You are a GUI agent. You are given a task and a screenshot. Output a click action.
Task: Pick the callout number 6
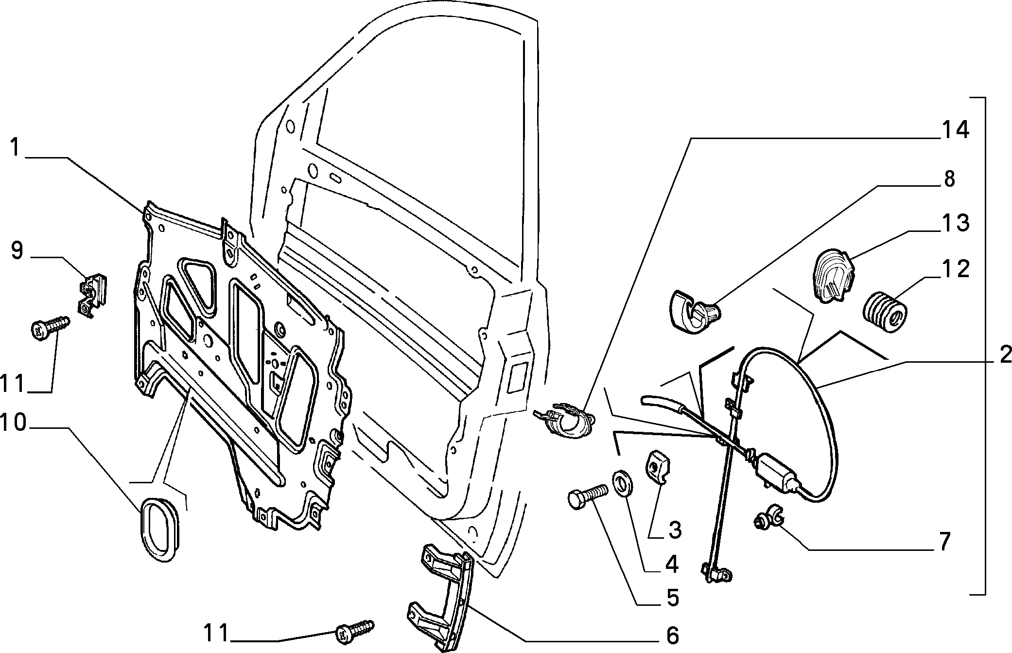coord(672,635)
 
